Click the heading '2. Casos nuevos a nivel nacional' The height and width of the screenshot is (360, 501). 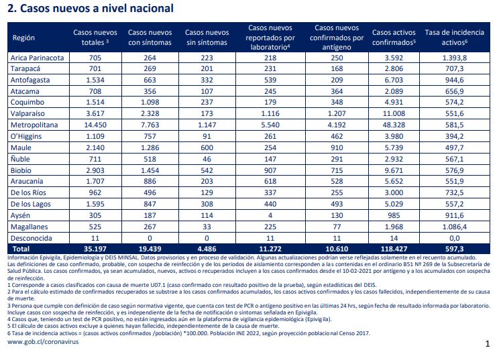pos(91,8)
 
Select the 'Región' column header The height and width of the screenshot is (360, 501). pos(23,38)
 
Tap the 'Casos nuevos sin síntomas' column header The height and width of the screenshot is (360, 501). pos(207,38)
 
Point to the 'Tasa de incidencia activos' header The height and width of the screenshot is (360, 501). pos(454,38)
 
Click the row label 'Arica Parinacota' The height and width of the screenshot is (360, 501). pos(37,58)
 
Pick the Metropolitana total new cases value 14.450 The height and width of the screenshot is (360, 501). pos(95,125)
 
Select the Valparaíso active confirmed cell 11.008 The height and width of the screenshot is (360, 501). pos(394,114)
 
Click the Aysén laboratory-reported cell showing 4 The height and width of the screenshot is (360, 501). pos(270,216)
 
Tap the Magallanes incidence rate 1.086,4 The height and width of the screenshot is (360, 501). pos(454,227)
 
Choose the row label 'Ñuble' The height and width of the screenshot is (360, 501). pos(20,159)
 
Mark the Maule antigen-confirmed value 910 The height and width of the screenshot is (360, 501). pos(337,148)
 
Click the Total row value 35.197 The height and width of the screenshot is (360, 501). pos(95,249)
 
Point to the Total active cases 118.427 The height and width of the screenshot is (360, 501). pos(394,249)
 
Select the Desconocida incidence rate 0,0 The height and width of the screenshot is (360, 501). pos(454,238)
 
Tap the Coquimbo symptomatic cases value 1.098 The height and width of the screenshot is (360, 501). pos(150,102)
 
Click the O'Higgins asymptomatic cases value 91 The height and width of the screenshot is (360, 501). pos(207,136)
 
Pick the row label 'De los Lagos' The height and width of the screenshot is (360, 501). pos(31,204)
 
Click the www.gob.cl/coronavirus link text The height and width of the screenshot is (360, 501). pos(43,342)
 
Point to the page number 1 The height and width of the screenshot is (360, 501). pos(488,344)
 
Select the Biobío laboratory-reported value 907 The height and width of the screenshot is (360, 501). pos(270,170)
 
